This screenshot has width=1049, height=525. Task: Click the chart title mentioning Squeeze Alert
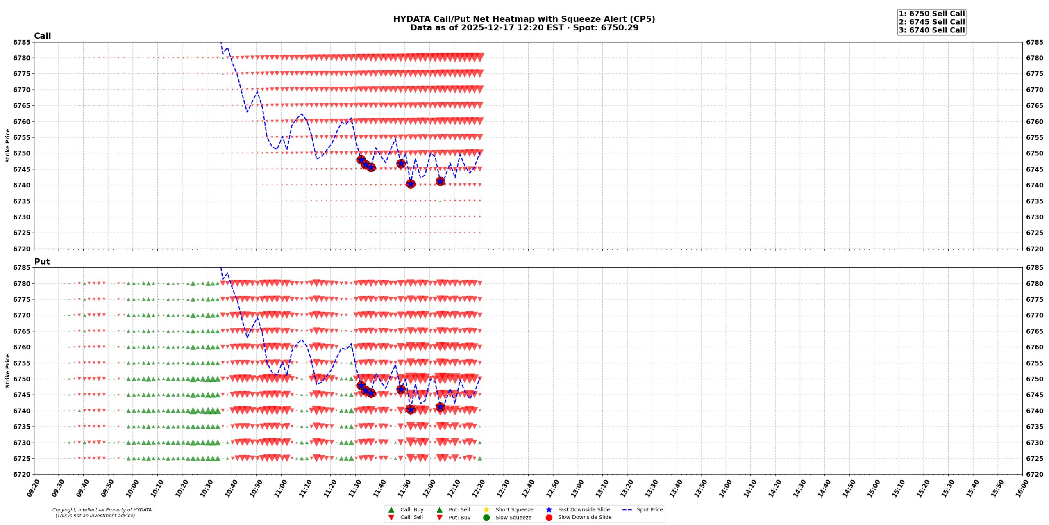pos(524,19)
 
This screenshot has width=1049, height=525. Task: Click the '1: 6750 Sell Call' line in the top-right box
pos(931,14)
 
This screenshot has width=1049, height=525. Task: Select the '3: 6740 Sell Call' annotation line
pos(931,30)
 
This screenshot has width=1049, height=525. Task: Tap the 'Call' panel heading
pos(42,36)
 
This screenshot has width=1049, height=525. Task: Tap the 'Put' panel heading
pos(42,262)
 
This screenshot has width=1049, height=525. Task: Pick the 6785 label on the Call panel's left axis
pos(21,42)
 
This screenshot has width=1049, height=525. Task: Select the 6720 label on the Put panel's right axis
pos(1035,474)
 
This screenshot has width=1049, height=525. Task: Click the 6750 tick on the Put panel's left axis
pos(21,379)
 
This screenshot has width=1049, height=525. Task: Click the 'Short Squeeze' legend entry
pos(514,510)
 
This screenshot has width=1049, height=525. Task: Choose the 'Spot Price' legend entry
pos(649,510)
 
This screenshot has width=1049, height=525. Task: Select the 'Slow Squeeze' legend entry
pos(513,518)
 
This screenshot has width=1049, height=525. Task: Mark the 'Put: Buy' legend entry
pos(459,518)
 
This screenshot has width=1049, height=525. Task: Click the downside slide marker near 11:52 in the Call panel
pos(411,184)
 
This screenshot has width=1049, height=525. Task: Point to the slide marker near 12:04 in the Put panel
pos(440,407)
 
